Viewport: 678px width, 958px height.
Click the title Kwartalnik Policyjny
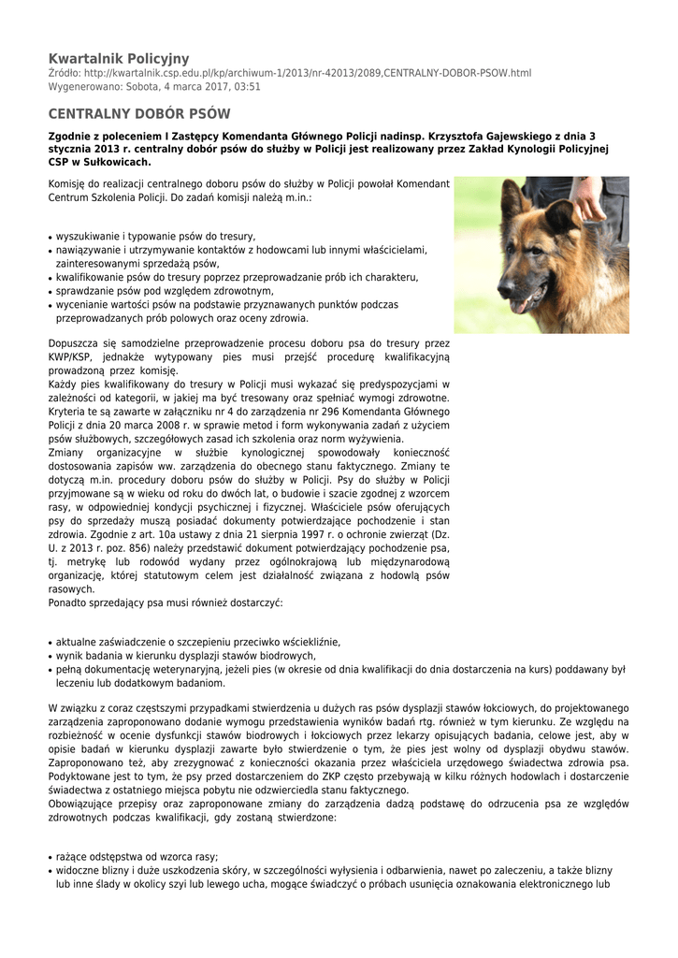(119, 58)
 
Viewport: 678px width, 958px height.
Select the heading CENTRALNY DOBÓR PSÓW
(139, 114)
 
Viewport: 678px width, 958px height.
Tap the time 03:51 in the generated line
(248, 87)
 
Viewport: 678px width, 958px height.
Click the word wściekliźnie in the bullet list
(308, 643)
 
